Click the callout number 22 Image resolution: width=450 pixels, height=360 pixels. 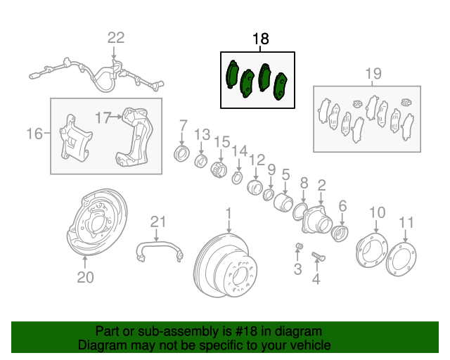115,38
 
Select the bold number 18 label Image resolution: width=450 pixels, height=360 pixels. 260,39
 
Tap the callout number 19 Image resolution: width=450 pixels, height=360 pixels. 373,73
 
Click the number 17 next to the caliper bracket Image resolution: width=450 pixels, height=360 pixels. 103,117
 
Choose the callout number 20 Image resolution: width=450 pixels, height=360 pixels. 84,278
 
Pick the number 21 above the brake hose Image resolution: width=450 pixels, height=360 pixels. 158,222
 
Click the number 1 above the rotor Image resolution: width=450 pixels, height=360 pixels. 229,212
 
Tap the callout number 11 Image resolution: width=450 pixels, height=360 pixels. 406,223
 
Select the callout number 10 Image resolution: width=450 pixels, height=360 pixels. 377,212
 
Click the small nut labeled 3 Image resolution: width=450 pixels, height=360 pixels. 298,245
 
